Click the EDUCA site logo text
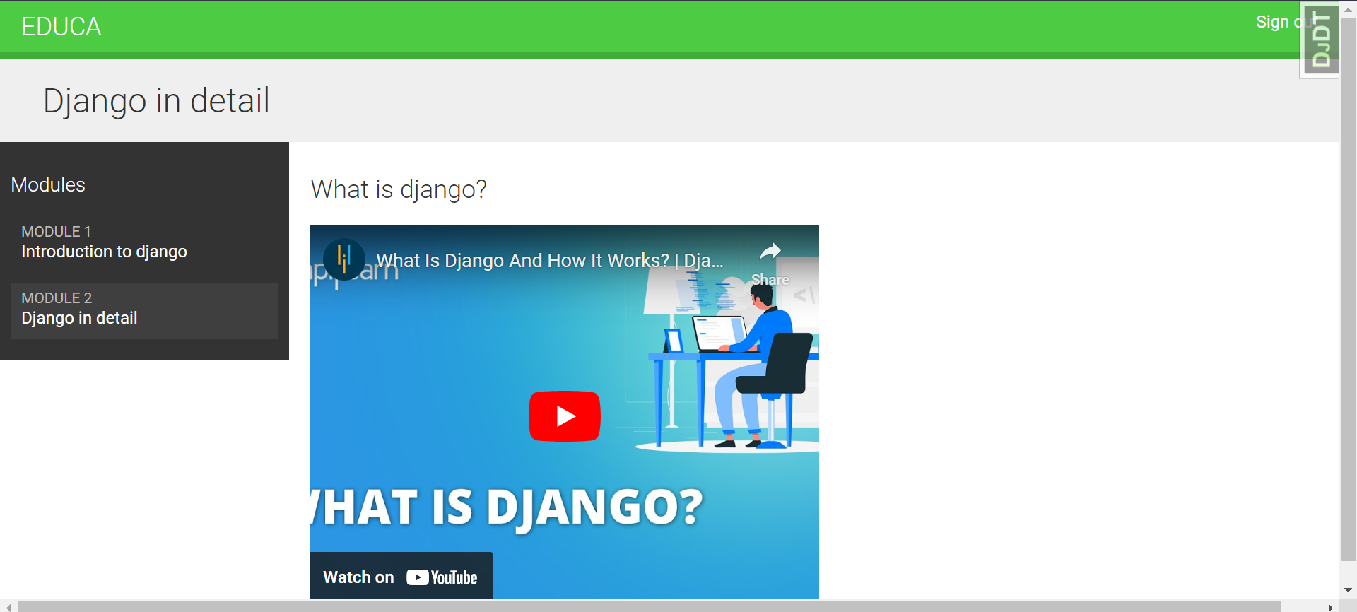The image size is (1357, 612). pyautogui.click(x=61, y=27)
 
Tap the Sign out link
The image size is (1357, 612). pyautogui.click(x=1276, y=23)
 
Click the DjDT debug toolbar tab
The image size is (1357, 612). pyautogui.click(x=1320, y=40)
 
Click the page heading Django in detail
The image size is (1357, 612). pyautogui.click(x=156, y=100)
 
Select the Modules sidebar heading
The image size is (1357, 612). pyautogui.click(x=48, y=185)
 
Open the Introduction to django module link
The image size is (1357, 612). pyautogui.click(x=104, y=252)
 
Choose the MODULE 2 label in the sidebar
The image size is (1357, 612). pyautogui.click(x=57, y=298)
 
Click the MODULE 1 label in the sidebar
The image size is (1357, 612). pyautogui.click(x=56, y=232)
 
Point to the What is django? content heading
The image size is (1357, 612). pyautogui.click(x=399, y=189)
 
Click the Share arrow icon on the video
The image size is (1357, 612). pyautogui.click(x=770, y=252)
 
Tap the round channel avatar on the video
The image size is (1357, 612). pyautogui.click(x=344, y=259)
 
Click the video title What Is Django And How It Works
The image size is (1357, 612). pyautogui.click(x=549, y=261)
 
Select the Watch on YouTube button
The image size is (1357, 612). pyautogui.click(x=401, y=577)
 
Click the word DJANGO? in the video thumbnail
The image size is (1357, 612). pyautogui.click(x=594, y=508)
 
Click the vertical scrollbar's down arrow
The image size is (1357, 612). pyautogui.click(x=1348, y=589)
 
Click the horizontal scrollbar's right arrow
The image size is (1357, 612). pyautogui.click(x=1331, y=606)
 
